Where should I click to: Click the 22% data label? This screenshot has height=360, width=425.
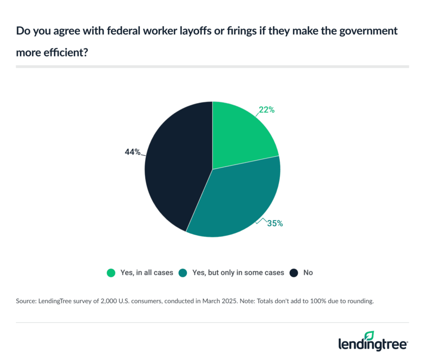pos(267,110)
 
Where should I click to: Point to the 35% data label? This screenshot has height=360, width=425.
pos(275,224)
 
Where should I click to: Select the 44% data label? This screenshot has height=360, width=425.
pos(132,152)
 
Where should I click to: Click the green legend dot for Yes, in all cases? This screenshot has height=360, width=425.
pos(111,273)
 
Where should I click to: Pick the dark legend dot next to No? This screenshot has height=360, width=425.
pos(294,273)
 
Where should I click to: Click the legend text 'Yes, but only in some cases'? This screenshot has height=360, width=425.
pos(238,273)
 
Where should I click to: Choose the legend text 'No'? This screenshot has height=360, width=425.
pos(308,273)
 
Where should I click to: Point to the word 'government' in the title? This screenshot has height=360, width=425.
pos(369,31)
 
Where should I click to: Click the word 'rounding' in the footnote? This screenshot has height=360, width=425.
pos(360,302)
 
